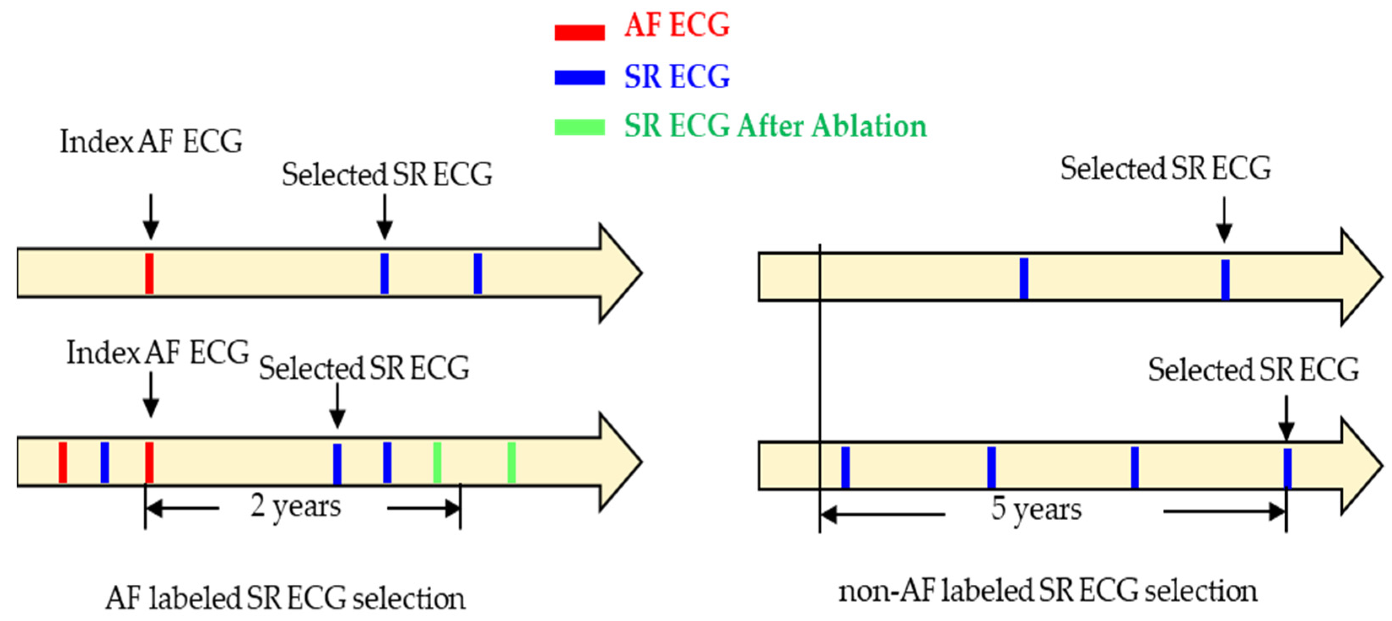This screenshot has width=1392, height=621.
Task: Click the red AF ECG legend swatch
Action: [x=579, y=33]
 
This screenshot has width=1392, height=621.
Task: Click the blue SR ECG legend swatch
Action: [x=579, y=78]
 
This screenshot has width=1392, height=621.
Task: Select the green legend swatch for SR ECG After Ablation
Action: [x=579, y=127]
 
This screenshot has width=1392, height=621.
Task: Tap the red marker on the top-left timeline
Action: [x=150, y=274]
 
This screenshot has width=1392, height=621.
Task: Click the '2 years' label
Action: [x=296, y=507]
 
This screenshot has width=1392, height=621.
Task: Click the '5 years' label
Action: [x=1036, y=510]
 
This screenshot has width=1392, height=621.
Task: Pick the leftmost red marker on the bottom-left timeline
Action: [x=63, y=462]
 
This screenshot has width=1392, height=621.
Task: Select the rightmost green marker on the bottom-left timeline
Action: [x=511, y=462]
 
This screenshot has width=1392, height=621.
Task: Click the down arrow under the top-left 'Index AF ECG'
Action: [x=151, y=216]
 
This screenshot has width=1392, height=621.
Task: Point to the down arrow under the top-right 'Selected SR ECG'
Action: [x=1224, y=220]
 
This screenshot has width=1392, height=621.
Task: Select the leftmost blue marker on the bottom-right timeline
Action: [x=845, y=467]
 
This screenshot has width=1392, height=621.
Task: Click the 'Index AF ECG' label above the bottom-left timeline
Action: [x=158, y=353]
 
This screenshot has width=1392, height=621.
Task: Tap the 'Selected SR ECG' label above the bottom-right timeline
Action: [x=1253, y=370]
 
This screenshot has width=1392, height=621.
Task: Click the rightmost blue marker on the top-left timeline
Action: [x=478, y=274]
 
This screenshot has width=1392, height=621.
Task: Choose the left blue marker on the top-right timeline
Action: [x=1024, y=278]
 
